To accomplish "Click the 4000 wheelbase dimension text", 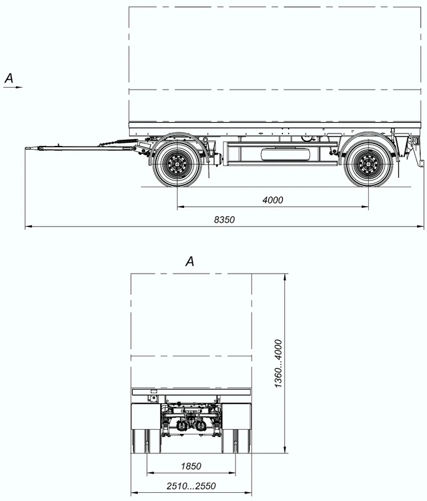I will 272,200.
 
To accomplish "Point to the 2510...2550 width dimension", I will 192,487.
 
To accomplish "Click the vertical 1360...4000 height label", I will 278,363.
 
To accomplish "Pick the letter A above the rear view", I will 190,262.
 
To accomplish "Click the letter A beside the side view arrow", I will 9,78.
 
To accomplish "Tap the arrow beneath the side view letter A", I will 13,88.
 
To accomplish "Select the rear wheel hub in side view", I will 368,164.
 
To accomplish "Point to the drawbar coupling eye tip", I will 29,148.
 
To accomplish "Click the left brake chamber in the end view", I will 183,426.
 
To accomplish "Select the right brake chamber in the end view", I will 202,426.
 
